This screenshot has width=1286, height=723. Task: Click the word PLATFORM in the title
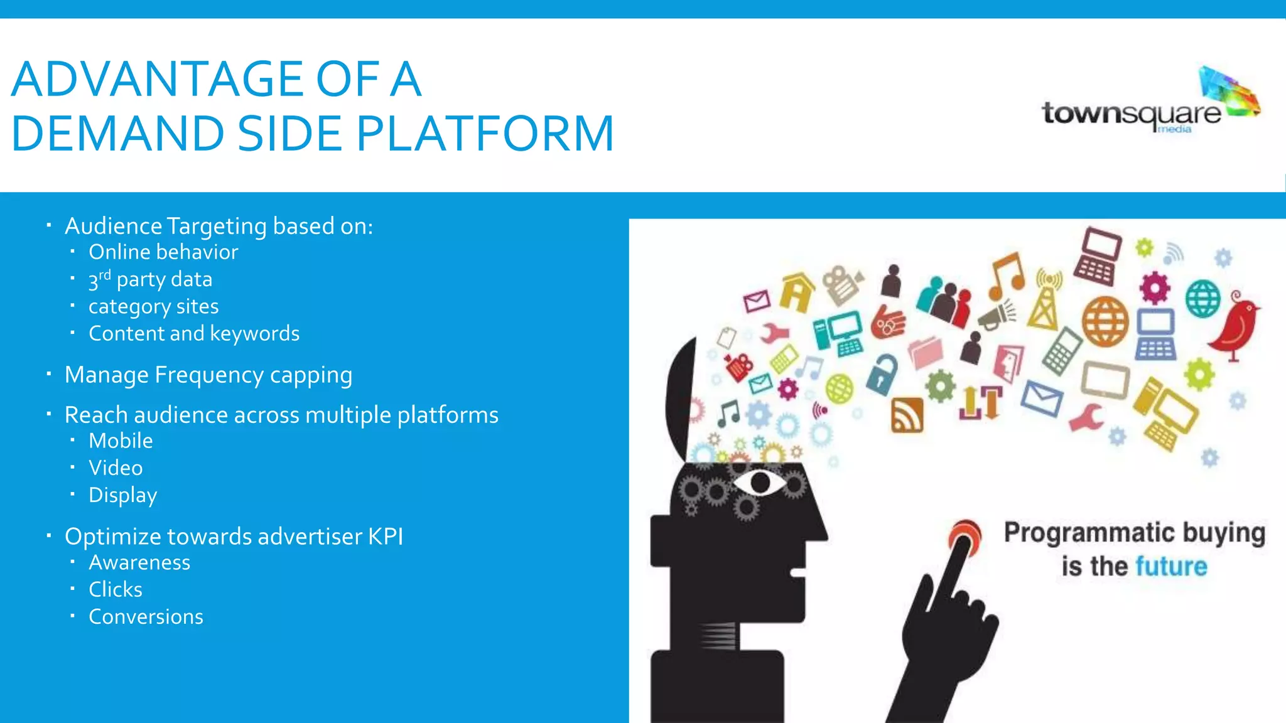point(485,134)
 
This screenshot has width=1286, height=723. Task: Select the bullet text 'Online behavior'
point(163,252)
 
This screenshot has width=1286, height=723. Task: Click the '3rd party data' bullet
point(150,279)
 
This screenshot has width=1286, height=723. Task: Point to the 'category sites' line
point(153,306)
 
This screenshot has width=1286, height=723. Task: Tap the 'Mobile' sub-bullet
point(121,441)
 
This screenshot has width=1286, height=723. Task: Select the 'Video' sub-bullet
point(116,468)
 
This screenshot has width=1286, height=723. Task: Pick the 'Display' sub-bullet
point(122,495)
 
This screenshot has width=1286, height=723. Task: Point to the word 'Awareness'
point(139,563)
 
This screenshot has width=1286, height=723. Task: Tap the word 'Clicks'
point(116,590)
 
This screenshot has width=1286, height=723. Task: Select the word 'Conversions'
point(146,617)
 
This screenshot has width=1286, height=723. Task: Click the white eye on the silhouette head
point(760,483)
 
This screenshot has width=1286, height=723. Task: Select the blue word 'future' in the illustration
point(1171,567)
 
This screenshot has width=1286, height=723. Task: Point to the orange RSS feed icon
point(907,415)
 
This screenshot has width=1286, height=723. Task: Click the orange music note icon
point(1007,276)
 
